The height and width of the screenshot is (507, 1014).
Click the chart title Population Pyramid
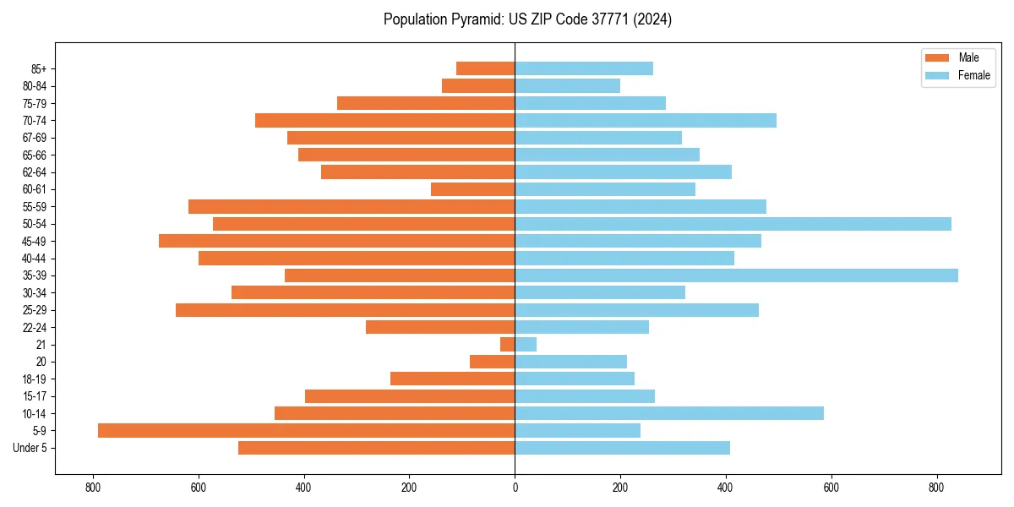coord(527,19)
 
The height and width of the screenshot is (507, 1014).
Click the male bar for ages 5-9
coord(306,431)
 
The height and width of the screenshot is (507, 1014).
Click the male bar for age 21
coord(507,345)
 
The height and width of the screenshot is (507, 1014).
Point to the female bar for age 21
coord(526,345)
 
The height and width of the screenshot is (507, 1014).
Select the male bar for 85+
coord(485,68)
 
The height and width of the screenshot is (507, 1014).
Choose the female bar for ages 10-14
coord(669,413)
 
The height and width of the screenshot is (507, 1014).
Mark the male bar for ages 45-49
coord(336,241)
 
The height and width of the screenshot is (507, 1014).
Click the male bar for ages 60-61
coord(472,189)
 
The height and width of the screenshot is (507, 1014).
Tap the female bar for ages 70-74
coord(646,120)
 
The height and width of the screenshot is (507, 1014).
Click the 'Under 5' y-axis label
coord(30,448)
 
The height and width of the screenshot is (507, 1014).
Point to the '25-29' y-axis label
coord(35,310)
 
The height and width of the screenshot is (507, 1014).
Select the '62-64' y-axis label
coord(35,172)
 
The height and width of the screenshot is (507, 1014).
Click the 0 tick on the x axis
coord(515,488)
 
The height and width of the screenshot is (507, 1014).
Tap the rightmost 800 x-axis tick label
coord(936,488)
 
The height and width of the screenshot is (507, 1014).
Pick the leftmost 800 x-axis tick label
coord(93,488)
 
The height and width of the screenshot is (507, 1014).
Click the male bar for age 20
coord(492,362)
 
